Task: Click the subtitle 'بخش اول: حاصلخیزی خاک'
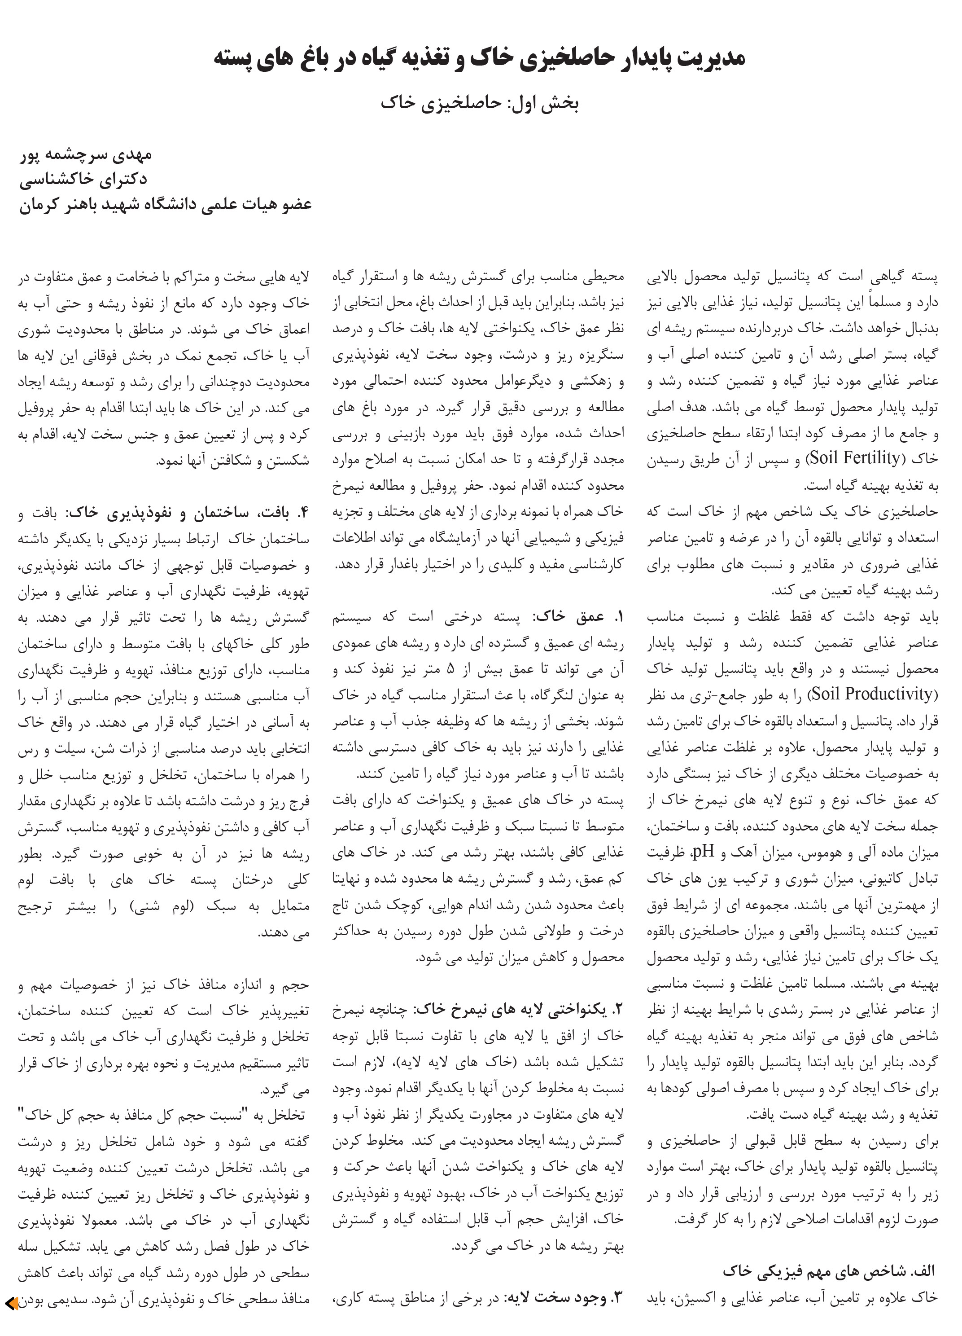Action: pos(480,103)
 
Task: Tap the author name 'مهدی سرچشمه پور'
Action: pos(87,154)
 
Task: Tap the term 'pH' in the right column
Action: pos(703,851)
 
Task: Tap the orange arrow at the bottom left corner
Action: pos(12,1302)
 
